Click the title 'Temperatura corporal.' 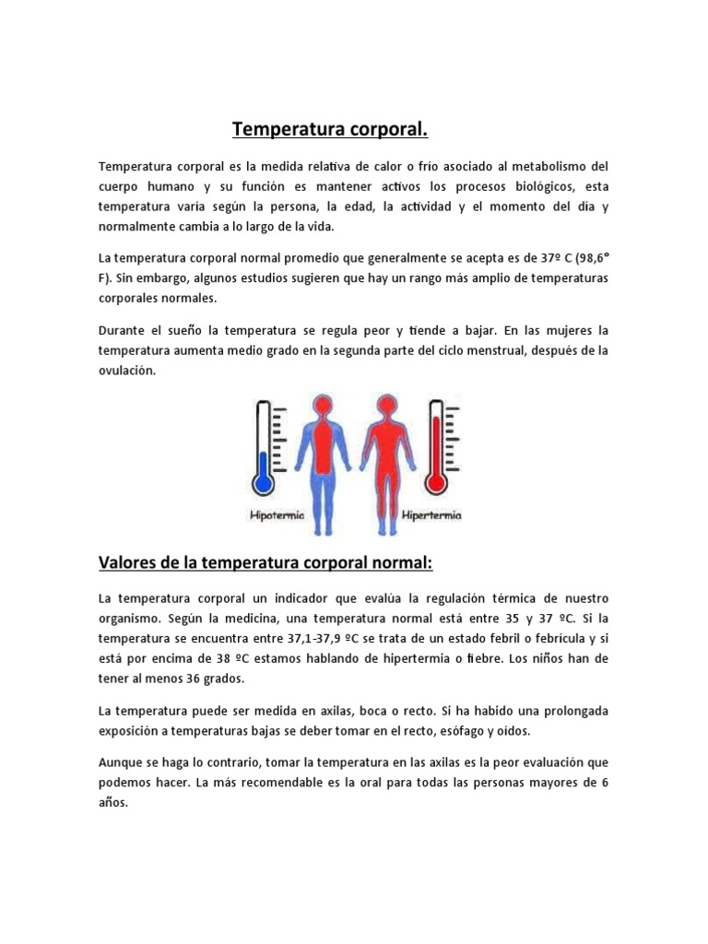click(330, 129)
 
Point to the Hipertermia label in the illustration click(431, 516)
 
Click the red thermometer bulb click(438, 482)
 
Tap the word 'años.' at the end click(113, 803)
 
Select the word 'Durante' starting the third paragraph click(123, 330)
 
